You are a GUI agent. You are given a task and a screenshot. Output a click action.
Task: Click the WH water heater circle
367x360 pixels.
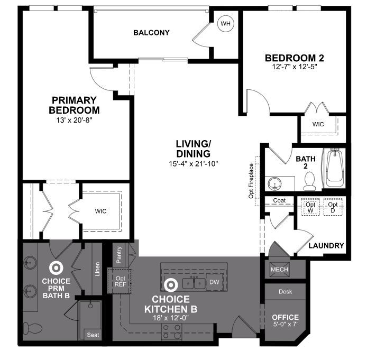click(225, 24)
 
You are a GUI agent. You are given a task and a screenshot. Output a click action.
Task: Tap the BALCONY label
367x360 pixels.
click(151, 33)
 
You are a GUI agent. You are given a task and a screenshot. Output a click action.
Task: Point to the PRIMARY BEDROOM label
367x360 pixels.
click(74, 105)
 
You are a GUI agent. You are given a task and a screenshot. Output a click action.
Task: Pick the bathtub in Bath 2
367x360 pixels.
click(334, 169)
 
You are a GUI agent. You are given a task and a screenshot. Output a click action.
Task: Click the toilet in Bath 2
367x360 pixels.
click(310, 181)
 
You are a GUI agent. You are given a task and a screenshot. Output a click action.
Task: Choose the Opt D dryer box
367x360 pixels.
click(333, 206)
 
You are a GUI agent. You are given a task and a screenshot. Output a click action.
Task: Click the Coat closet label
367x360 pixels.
click(279, 201)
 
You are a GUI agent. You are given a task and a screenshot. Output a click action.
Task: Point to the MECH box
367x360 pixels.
click(279, 269)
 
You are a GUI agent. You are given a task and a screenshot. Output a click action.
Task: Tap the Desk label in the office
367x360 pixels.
click(286, 291)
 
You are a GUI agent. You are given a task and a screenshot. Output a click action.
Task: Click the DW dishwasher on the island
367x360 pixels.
click(214, 282)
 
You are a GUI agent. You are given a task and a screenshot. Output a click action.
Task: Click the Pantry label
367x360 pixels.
click(120, 254)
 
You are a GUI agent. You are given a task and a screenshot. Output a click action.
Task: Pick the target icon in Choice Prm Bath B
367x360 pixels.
click(55, 268)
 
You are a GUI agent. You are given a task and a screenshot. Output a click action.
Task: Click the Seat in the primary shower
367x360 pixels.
click(93, 335)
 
